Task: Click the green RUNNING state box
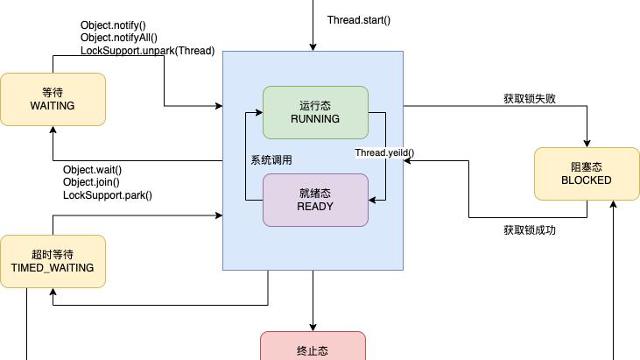pyautogui.click(x=315, y=112)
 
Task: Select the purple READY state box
pyautogui.click(x=315, y=200)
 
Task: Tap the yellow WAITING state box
pyautogui.click(x=53, y=98)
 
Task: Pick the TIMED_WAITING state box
pyautogui.click(x=53, y=261)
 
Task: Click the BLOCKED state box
pyautogui.click(x=586, y=173)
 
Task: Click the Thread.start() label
pyautogui.click(x=359, y=20)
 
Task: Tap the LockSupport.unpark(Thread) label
pyautogui.click(x=147, y=51)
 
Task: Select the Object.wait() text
pyautogui.click(x=93, y=170)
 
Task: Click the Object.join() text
pyautogui.click(x=91, y=182)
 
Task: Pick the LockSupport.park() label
pyautogui.click(x=108, y=194)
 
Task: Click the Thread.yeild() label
pyautogui.click(x=384, y=153)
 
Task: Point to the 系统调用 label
pyautogui.click(x=271, y=160)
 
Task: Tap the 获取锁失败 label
pyautogui.click(x=529, y=99)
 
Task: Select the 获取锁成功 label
pyautogui.click(x=529, y=230)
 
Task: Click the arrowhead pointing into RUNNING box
pyautogui.click(x=259, y=112)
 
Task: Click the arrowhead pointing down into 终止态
pyautogui.click(x=312, y=327)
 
